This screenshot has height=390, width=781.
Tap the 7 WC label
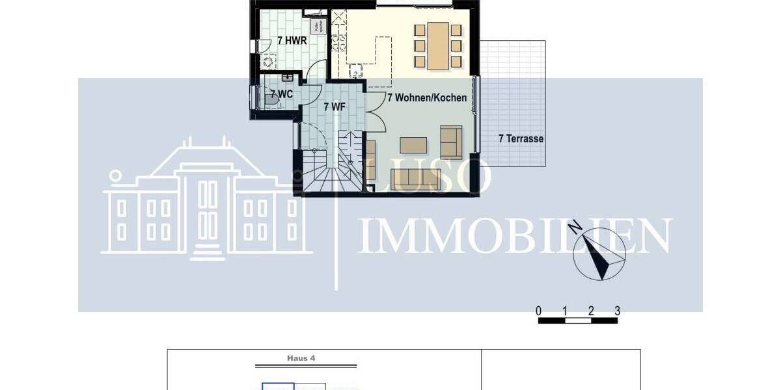tap(281, 94)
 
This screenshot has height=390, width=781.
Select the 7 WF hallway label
tap(333, 106)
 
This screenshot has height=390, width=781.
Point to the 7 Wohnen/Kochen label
tap(427, 98)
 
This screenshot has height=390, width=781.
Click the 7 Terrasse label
tap(521, 138)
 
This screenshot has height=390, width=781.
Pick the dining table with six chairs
tap(438, 45)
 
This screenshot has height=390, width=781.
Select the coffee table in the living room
tap(414, 144)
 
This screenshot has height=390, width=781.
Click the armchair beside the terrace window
tap(451, 142)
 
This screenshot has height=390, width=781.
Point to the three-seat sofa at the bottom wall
tap(416, 179)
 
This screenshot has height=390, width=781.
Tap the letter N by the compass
tap(575, 227)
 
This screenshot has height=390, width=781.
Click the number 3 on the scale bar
tap(617, 311)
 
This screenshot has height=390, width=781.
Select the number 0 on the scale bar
tap(539, 311)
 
